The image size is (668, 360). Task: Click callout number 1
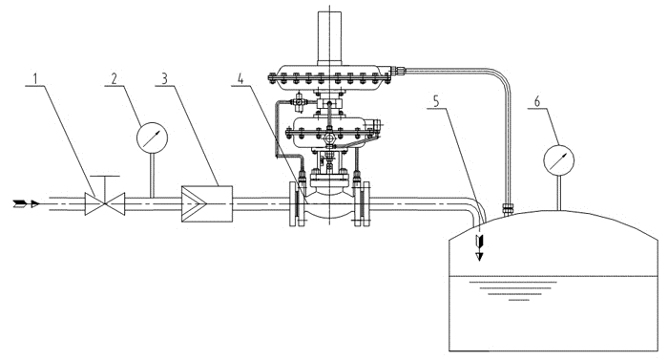[35, 78]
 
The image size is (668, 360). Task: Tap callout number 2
[115, 78]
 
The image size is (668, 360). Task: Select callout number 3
[164, 78]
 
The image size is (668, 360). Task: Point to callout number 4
[240, 78]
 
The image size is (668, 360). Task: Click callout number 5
[436, 101]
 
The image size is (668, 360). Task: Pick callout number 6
[537, 101]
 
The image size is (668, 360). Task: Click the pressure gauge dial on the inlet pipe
[152, 138]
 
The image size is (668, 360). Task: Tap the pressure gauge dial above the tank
[559, 160]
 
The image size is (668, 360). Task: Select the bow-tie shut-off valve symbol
[105, 204]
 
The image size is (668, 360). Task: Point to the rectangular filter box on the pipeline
[207, 204]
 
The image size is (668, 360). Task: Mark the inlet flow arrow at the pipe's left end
[27, 204]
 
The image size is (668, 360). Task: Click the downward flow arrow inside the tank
[480, 246]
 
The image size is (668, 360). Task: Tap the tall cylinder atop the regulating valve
[330, 38]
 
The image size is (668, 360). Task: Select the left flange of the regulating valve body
[298, 204]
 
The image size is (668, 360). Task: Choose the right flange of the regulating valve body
[362, 204]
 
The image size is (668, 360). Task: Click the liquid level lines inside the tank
[518, 290]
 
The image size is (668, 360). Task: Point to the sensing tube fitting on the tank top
[507, 209]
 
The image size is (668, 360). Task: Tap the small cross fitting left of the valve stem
[298, 102]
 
